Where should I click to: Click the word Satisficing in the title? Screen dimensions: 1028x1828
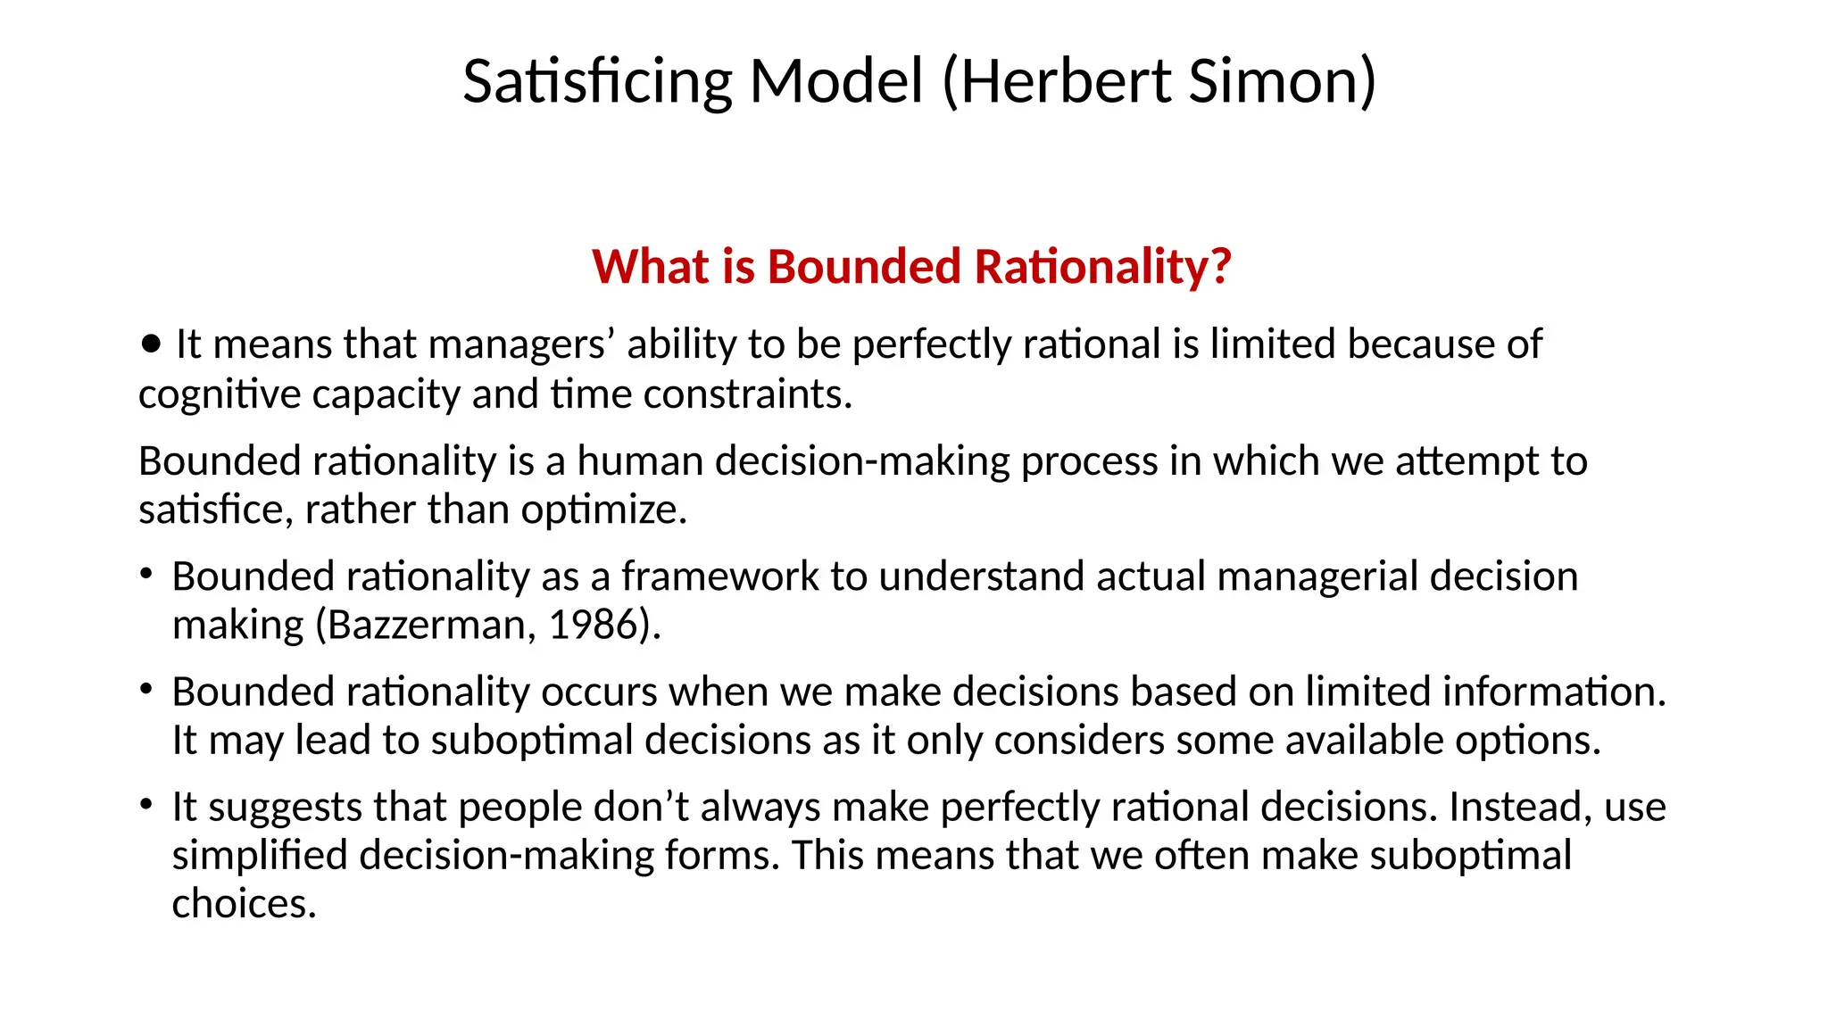pos(596,81)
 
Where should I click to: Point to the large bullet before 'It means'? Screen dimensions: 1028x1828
pos(152,344)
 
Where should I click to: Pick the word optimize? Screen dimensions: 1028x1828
pos(602,510)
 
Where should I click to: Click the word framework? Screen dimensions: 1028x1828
pos(719,576)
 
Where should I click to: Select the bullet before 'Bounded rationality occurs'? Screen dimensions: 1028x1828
pos(146,689)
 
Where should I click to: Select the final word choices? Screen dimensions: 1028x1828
pos(243,904)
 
